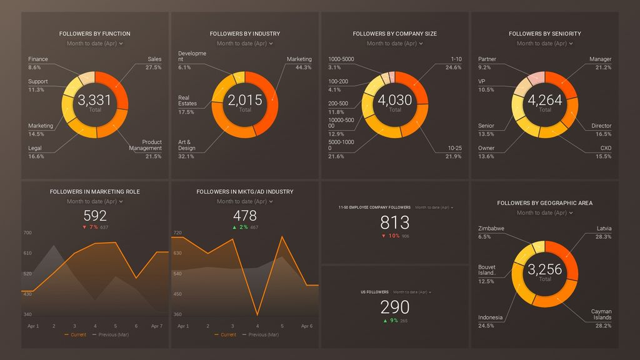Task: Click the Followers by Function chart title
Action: pos(95,34)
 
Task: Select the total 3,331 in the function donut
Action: pos(95,100)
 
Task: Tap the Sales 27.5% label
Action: pos(154,63)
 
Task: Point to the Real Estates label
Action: pos(187,101)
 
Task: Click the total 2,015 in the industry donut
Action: pos(245,100)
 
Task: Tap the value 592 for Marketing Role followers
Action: pos(95,216)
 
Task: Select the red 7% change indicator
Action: pos(91,227)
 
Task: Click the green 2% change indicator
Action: pos(240,227)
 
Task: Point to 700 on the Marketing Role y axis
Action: pos(27,232)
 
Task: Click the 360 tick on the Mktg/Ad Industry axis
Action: pos(177,314)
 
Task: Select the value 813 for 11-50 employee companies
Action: pos(395,222)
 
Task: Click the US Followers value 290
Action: pos(395,307)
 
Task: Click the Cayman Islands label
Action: pos(601,315)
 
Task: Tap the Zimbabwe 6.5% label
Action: pos(491,232)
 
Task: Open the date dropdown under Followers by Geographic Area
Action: pos(545,213)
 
